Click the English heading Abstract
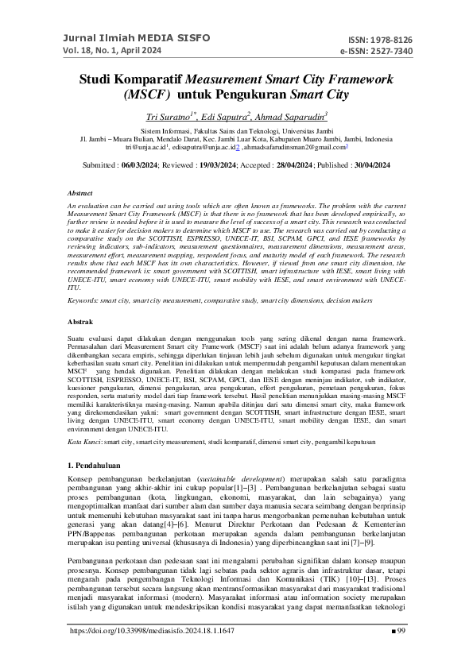pyautogui.click(x=81, y=193)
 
